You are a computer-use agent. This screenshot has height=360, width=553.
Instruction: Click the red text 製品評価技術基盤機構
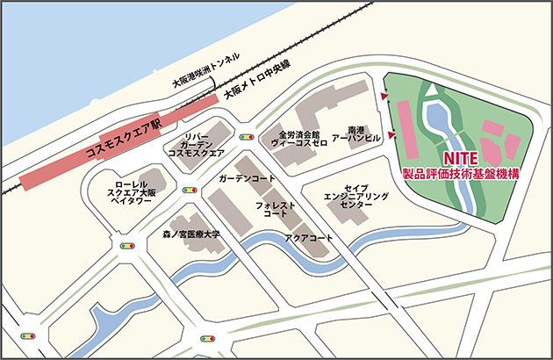click(459, 174)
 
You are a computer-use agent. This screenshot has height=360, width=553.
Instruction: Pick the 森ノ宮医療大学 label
click(191, 235)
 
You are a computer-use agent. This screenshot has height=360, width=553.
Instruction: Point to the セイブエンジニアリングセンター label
click(349, 196)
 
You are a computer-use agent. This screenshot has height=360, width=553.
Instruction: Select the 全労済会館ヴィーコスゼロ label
click(298, 138)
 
